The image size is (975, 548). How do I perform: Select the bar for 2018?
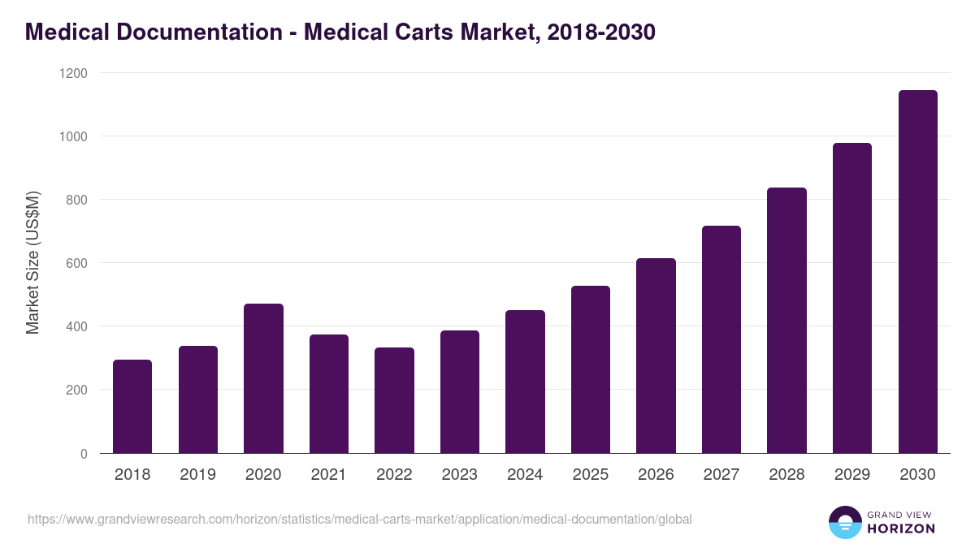(132, 406)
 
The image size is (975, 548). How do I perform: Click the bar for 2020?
(263, 378)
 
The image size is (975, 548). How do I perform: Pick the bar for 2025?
(591, 369)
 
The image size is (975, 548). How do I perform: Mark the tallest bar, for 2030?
(917, 272)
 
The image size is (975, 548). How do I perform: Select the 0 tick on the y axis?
(84, 454)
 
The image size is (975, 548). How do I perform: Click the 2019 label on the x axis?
(198, 475)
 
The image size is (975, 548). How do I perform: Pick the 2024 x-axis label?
(525, 475)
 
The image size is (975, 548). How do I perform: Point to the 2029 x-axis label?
(852, 475)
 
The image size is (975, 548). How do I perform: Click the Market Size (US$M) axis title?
(32, 263)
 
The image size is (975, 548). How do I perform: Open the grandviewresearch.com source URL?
(359, 519)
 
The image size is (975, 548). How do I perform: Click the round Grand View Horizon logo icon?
(844, 522)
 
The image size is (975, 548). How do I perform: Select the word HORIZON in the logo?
(901, 529)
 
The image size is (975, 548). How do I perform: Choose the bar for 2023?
(460, 391)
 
